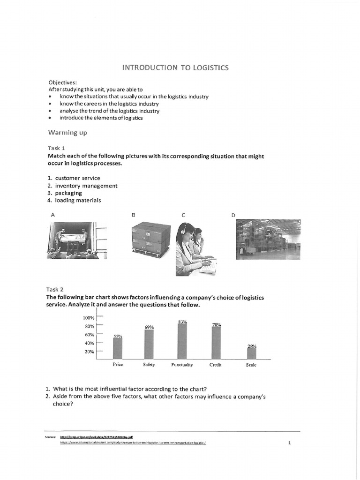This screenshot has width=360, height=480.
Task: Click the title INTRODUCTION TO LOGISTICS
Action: click(x=175, y=67)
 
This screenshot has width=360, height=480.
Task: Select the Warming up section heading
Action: click(x=68, y=133)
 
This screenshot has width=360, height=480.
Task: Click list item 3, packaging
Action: click(x=68, y=193)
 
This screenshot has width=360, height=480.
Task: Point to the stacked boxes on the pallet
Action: click(x=150, y=239)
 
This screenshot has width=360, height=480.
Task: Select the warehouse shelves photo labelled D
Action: click(x=268, y=239)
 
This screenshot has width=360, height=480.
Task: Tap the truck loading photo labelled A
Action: click(x=77, y=240)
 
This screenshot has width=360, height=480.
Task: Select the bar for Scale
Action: click(x=252, y=353)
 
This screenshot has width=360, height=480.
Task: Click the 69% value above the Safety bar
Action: click(x=149, y=327)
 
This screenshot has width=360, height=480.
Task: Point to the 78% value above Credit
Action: click(x=216, y=324)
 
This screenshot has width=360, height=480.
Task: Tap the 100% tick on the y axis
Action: click(x=90, y=318)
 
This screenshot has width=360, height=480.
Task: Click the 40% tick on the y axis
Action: click(x=90, y=343)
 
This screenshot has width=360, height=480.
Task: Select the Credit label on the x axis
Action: click(x=216, y=365)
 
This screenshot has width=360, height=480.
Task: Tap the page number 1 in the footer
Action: click(x=290, y=442)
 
